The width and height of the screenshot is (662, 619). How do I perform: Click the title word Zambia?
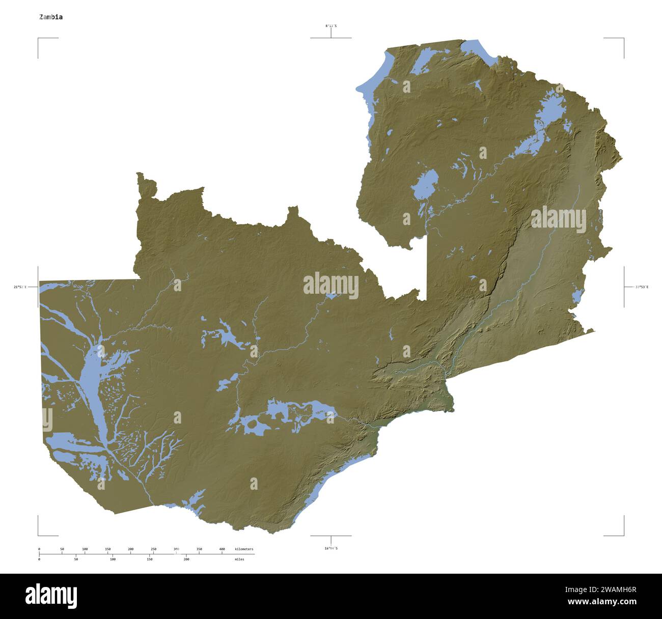point(51,17)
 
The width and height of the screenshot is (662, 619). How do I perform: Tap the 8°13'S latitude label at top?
point(331,25)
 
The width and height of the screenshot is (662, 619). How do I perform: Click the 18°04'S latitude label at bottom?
point(331,548)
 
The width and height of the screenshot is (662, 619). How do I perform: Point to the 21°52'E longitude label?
point(20,287)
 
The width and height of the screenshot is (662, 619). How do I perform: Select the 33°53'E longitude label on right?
point(642,287)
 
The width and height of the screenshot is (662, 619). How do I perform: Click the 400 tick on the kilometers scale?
point(222,549)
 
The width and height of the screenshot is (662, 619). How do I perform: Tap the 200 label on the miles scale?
point(186,559)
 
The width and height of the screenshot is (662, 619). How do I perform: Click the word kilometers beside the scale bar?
point(244,549)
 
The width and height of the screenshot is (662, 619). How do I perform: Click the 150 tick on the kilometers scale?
point(108,549)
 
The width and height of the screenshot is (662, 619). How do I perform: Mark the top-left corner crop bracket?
point(39,39)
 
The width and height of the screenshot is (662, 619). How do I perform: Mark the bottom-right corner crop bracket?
point(623,534)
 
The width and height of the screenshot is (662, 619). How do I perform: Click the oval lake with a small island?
point(425,185)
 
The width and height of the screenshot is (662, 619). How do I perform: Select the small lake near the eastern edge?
point(577,295)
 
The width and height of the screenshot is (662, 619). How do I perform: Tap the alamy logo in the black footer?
point(51,596)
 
